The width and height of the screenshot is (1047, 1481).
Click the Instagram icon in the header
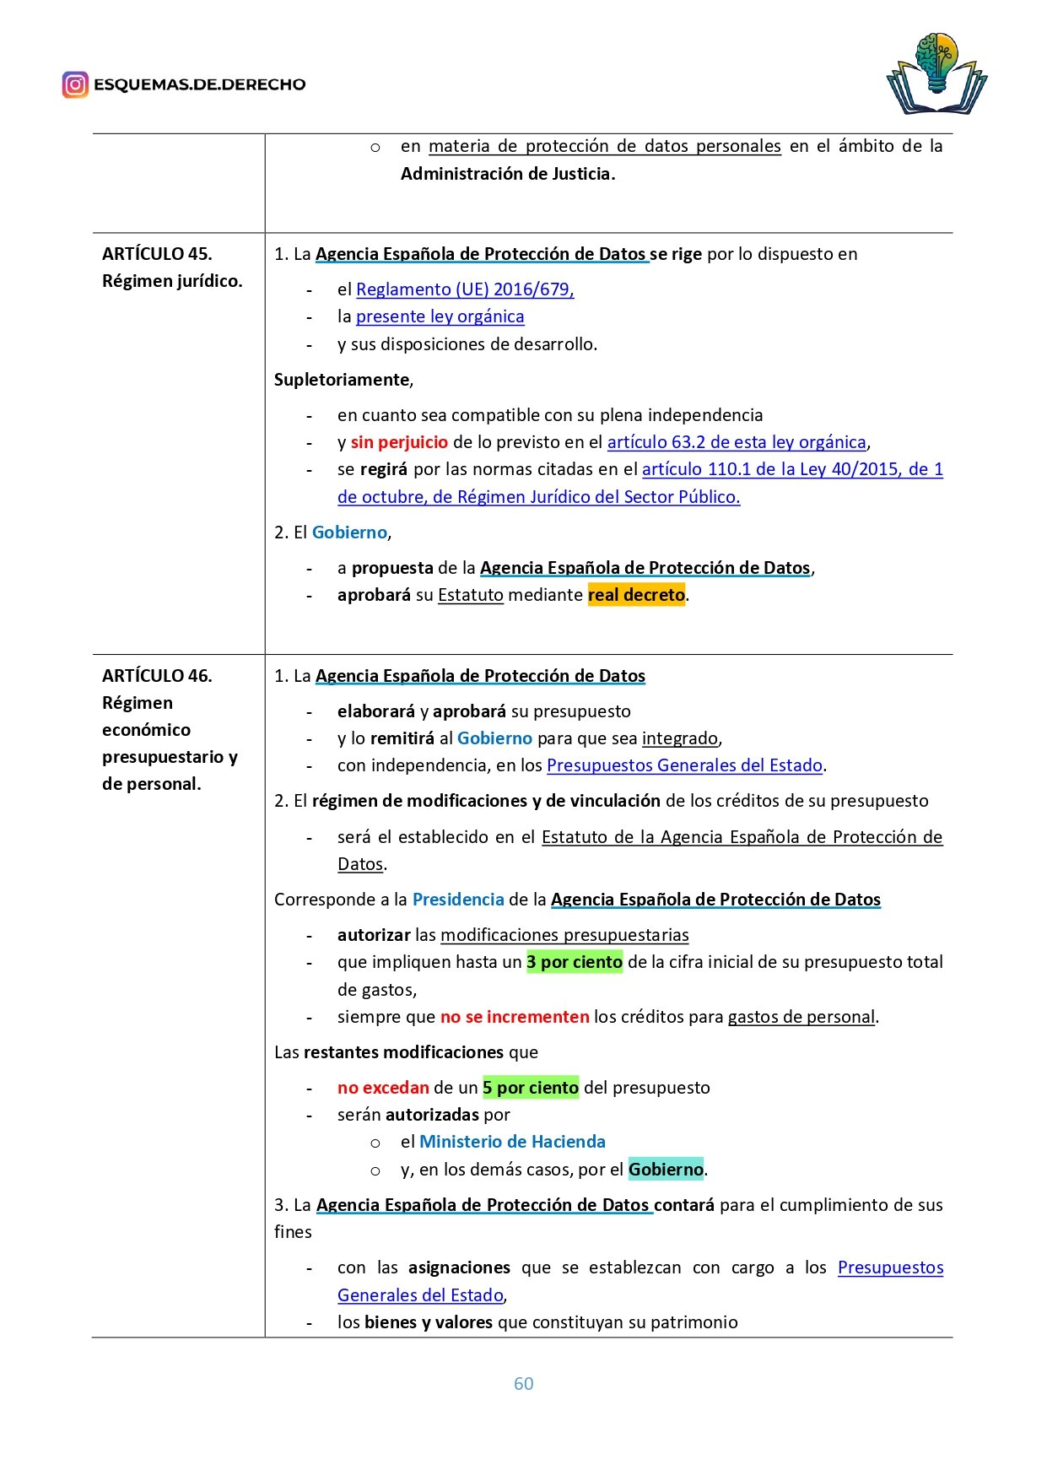click(75, 84)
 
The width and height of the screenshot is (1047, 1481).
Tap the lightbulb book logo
click(936, 74)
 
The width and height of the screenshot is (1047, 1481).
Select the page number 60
click(523, 1383)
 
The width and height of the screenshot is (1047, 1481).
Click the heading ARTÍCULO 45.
click(157, 254)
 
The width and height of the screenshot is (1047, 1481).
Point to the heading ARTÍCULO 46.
click(157, 676)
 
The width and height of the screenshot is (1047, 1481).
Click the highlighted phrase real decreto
click(636, 595)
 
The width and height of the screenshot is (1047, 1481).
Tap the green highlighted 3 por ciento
click(575, 962)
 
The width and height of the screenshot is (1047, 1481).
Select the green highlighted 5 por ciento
click(531, 1088)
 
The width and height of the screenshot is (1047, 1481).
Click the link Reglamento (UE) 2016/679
click(464, 289)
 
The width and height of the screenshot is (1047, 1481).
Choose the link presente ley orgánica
click(440, 316)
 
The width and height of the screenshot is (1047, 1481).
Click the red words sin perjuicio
click(399, 442)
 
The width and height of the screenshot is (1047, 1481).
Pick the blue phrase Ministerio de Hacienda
click(512, 1142)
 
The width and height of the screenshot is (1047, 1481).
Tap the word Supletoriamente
click(342, 380)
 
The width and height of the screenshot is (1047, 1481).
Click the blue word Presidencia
click(458, 900)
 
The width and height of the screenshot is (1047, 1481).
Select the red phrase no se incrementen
click(515, 1017)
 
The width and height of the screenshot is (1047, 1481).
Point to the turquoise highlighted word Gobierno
click(666, 1170)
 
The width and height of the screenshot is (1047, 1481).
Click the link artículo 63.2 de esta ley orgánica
click(737, 442)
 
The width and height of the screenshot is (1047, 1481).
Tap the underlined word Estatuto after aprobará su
click(471, 595)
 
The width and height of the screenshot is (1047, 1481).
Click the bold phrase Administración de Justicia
click(506, 174)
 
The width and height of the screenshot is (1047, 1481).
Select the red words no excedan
click(383, 1088)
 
